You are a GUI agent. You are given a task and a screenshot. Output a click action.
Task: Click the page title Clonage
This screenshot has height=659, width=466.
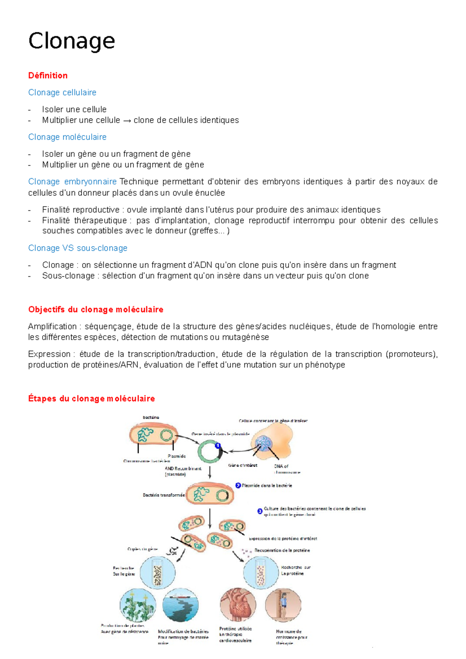pyautogui.click(x=71, y=41)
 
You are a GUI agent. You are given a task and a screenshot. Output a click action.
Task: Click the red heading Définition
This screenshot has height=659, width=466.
pyautogui.click(x=48, y=75)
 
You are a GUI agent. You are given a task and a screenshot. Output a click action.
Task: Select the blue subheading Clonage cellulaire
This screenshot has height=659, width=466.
pyautogui.click(x=62, y=92)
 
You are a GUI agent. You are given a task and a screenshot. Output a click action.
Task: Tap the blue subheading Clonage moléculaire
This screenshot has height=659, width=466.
pyautogui.click(x=67, y=137)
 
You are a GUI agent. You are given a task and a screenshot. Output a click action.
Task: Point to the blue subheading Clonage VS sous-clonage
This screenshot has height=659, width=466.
pyautogui.click(x=78, y=248)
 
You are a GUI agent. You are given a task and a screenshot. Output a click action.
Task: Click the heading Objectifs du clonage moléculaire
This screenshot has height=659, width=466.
pyautogui.click(x=96, y=309)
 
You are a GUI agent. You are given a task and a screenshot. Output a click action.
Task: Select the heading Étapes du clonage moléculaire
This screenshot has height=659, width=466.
pyautogui.click(x=91, y=399)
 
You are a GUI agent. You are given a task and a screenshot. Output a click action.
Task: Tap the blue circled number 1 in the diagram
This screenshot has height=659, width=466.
pyautogui.click(x=218, y=445)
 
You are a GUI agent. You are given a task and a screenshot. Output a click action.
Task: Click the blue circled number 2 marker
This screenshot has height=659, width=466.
pyautogui.click(x=238, y=485)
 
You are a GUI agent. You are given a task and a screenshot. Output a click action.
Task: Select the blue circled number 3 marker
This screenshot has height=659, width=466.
pyautogui.click(x=260, y=511)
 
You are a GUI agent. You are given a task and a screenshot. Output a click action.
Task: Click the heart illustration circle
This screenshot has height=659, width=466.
pyautogui.click(x=238, y=605)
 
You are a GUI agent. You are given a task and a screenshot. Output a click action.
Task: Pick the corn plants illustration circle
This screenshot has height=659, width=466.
pyautogui.click(x=138, y=606)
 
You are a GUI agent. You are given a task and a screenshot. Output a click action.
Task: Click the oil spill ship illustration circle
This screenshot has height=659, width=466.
pyautogui.click(x=181, y=606)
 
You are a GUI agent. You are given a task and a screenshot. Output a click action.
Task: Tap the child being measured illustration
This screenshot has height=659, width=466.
pyautogui.click(x=283, y=605)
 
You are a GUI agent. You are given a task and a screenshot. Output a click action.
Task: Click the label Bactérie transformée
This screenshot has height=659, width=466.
pyautogui.click(x=163, y=495)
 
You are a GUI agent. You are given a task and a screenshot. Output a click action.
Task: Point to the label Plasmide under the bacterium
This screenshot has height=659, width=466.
pyautogui.click(x=177, y=456)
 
